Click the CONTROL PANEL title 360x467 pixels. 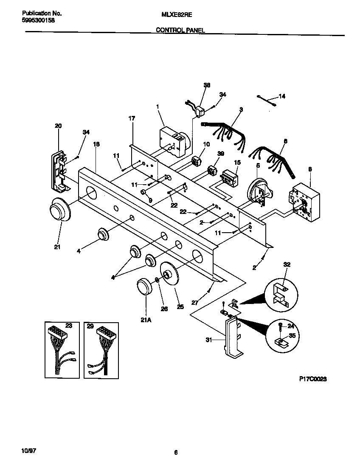(180, 30)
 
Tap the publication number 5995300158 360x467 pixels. (38, 20)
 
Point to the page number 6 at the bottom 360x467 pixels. (175, 453)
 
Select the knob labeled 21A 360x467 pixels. (146, 287)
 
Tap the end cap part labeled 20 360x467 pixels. (58, 171)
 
